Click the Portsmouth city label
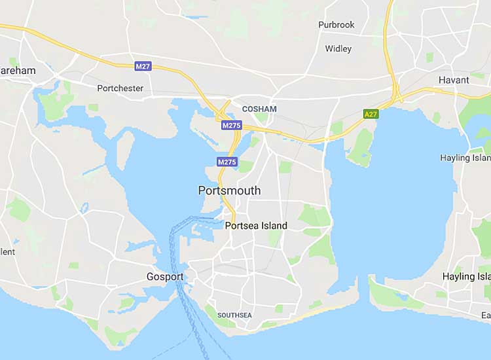point(229,190)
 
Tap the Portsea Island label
point(255,226)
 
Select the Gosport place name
point(165,277)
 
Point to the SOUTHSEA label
point(234,315)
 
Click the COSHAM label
point(259,109)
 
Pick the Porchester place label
point(120,88)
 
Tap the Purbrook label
point(336,25)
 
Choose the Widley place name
point(338,48)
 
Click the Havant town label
point(454,80)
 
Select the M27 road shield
point(143,66)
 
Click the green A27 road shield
point(371,114)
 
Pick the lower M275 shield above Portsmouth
point(227,162)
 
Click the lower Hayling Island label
point(466,277)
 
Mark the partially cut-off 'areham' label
point(18,69)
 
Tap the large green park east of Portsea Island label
point(315,215)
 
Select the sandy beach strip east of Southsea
point(314,312)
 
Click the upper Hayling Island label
point(465,158)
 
